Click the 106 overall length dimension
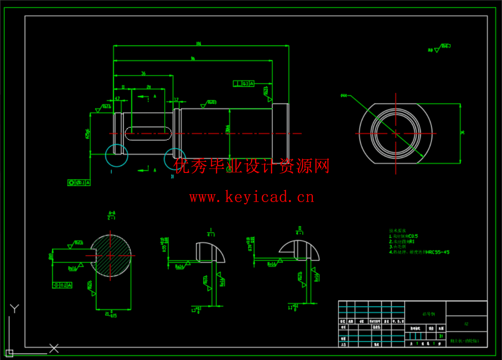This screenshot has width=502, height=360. point(198,43)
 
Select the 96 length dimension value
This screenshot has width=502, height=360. point(193,58)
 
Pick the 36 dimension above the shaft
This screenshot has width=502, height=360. point(143,73)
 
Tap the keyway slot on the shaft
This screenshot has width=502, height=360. point(148,134)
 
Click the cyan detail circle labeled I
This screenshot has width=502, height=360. point(117,155)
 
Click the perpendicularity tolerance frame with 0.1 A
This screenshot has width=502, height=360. point(244,83)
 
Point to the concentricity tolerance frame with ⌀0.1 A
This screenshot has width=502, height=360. point(79,182)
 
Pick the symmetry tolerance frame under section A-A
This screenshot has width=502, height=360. point(62,285)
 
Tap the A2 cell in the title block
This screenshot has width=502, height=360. point(466,324)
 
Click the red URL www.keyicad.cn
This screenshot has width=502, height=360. point(252,196)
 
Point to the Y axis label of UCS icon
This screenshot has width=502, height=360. point(15,308)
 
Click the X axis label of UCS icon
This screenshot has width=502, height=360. point(54,348)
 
